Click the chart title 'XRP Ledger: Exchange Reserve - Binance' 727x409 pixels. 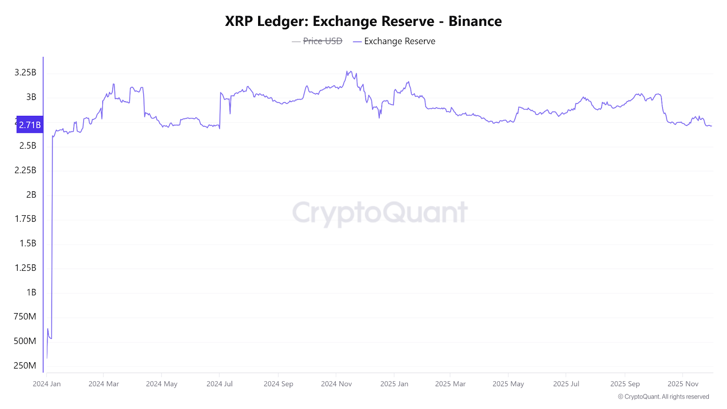coord(363,21)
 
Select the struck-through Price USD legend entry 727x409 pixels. coord(322,41)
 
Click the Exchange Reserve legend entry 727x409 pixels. coord(399,41)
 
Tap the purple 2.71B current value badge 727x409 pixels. coord(30,125)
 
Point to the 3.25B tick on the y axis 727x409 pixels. coord(25,73)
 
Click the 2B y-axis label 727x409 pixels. coord(31,195)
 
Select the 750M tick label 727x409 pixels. coord(25,316)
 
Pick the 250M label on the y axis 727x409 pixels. coord(25,365)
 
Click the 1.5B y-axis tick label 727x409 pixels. coord(28,243)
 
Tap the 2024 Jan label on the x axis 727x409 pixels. coord(47,384)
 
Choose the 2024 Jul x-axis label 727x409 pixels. coord(219,384)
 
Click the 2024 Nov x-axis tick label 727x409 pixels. coord(336,384)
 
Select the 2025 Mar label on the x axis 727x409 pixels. coord(450,384)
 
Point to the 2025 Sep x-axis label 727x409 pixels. coord(625,384)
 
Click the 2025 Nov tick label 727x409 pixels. coord(683,384)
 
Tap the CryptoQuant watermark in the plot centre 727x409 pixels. coord(380,213)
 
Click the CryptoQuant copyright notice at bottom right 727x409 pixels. coord(663,397)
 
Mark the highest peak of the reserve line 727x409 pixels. coord(347,71)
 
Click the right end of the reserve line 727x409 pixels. coord(712,126)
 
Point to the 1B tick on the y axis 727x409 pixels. coord(31,292)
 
